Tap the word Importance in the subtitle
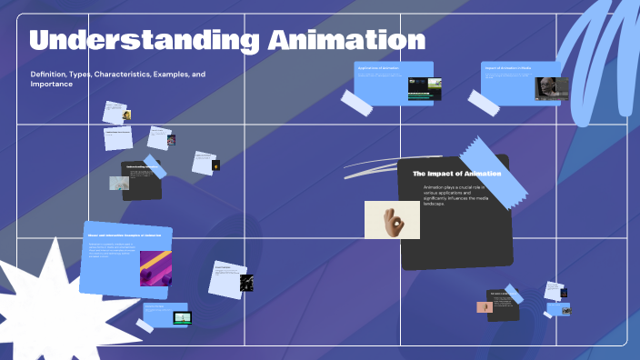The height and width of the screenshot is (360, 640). [x=52, y=84]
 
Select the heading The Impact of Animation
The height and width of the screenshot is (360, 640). [x=450, y=173]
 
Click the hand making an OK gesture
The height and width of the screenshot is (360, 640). [x=392, y=220]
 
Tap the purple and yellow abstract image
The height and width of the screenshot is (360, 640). [x=155, y=269]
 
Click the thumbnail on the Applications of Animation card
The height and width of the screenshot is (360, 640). [x=425, y=88]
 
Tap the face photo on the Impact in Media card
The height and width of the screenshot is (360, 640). [x=547, y=87]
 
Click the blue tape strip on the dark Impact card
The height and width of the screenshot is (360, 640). [x=493, y=169]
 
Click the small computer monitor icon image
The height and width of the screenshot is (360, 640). [x=183, y=318]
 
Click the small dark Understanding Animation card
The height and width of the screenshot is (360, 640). [x=142, y=180]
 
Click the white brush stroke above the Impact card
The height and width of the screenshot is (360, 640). [x=373, y=167]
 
